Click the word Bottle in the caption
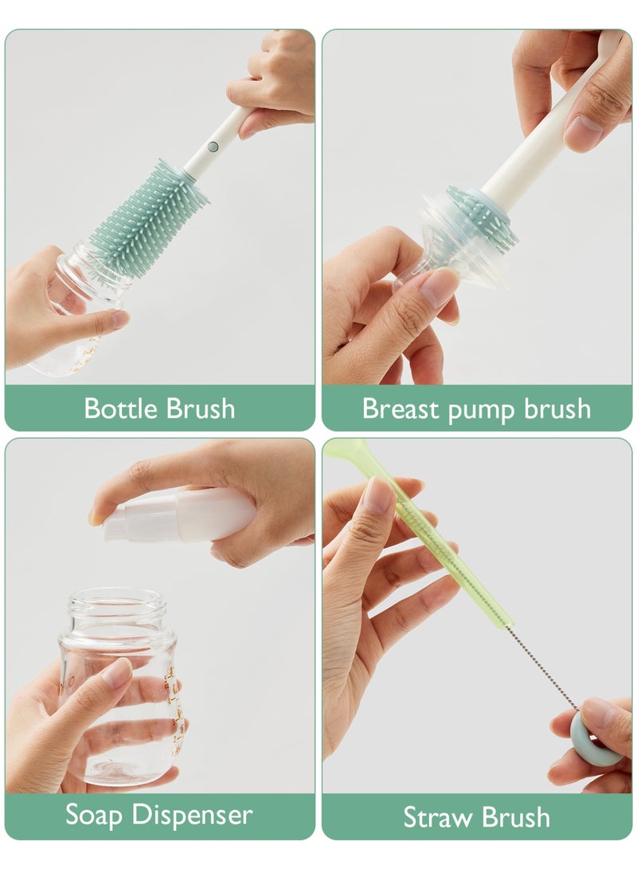click(x=121, y=409)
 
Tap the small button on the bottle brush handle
click(x=212, y=147)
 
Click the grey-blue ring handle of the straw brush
click(x=597, y=737)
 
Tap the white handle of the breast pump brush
click(x=541, y=135)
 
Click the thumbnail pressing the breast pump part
click(x=439, y=287)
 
